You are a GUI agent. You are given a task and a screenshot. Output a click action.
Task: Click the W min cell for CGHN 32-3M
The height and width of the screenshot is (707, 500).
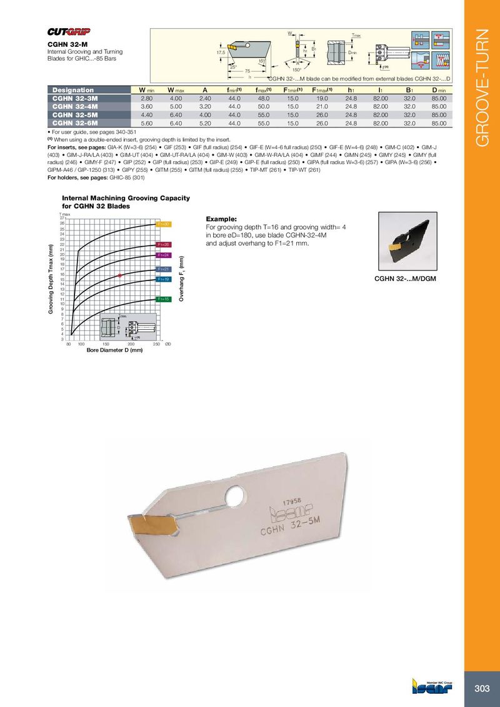[x=147, y=99]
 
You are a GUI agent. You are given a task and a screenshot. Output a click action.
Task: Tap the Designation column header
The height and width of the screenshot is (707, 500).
[x=72, y=90]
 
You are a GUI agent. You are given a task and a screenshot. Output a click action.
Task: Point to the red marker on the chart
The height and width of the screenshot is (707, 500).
[x=119, y=275]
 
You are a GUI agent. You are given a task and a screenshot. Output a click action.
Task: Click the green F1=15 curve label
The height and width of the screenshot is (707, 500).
[x=163, y=300]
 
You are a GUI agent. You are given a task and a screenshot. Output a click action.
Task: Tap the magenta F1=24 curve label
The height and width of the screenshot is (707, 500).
[x=163, y=255]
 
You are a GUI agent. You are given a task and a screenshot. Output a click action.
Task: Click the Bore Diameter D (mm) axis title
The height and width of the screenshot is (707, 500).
[x=114, y=350]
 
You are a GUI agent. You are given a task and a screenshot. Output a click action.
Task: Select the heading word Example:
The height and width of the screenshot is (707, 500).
[x=220, y=219]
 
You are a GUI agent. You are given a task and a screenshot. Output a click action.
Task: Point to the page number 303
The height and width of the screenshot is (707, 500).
[x=481, y=688]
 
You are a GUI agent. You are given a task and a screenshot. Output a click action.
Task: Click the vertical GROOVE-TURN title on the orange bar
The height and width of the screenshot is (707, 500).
[x=482, y=87]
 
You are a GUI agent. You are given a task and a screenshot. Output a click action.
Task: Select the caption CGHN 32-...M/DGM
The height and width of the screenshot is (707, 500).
[x=404, y=278]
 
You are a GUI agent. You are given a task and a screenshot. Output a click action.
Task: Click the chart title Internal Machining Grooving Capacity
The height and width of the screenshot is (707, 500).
[x=126, y=198]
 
